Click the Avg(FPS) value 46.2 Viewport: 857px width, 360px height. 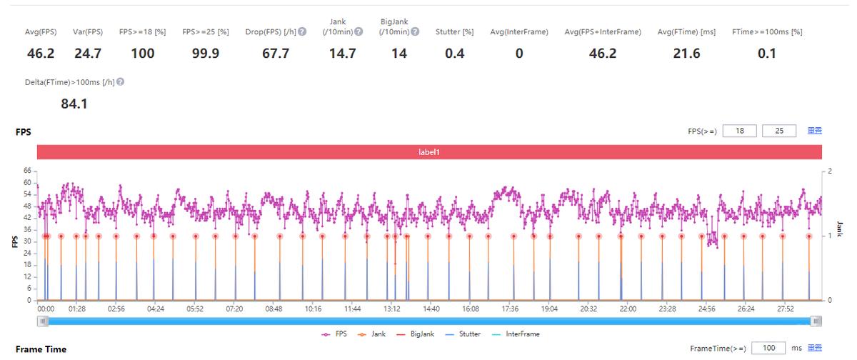pyautogui.click(x=41, y=54)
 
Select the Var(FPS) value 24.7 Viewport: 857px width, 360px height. pyautogui.click(x=89, y=54)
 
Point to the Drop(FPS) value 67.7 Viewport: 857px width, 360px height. pyautogui.click(x=276, y=54)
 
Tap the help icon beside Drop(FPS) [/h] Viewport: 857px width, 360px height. pyautogui.click(x=303, y=32)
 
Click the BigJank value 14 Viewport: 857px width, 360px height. pyautogui.click(x=399, y=54)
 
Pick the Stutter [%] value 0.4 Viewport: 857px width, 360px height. pyautogui.click(x=454, y=54)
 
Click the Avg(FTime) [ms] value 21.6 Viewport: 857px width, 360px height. pyautogui.click(x=687, y=54)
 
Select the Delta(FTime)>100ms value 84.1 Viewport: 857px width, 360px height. pyautogui.click(x=74, y=104)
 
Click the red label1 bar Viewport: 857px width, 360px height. pyautogui.click(x=429, y=152)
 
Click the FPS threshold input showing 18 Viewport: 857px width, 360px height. pyautogui.click(x=738, y=131)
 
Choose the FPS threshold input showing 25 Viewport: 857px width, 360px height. pyautogui.click(x=778, y=131)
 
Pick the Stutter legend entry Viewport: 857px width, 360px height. pyautogui.click(x=462, y=334)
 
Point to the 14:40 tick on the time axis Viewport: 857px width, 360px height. pyautogui.click(x=431, y=309)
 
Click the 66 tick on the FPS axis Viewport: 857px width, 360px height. pyautogui.click(x=28, y=171)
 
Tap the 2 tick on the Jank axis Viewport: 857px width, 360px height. pyautogui.click(x=831, y=171)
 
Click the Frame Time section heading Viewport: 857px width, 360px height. pyautogui.click(x=41, y=349)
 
